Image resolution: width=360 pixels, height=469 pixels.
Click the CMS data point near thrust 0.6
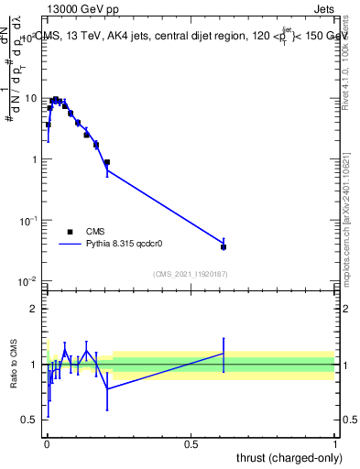click(x=224, y=246)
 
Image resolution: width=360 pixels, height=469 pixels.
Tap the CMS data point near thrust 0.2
click(x=107, y=162)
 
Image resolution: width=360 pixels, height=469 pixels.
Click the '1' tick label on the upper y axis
click(x=33, y=159)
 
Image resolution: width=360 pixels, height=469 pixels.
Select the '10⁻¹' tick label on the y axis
click(x=27, y=221)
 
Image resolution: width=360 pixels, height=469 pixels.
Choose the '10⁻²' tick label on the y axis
click(x=27, y=281)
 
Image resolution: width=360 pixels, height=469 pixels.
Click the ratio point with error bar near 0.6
click(x=224, y=354)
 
